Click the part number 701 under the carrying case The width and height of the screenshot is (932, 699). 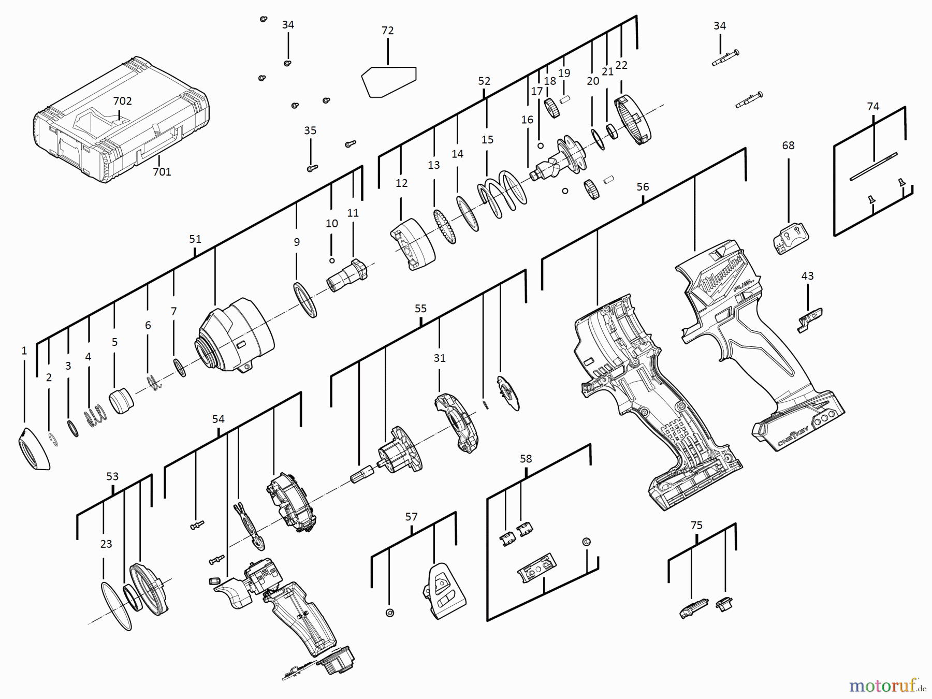pos(162,171)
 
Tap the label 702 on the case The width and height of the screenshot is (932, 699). pos(122,100)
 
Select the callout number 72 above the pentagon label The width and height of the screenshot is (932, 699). pos(387,31)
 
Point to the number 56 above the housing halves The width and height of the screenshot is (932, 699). pos(643,186)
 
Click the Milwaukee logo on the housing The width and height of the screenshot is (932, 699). pos(722,277)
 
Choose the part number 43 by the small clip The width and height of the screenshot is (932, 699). pos(807,276)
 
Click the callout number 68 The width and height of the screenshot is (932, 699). pos(788,145)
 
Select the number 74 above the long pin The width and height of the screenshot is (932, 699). pos(873,106)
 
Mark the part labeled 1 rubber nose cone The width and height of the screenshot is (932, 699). pos(34,449)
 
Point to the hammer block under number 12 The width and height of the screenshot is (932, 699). pos(412,244)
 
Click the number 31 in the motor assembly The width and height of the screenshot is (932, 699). pos(439,358)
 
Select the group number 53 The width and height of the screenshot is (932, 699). pos(112,476)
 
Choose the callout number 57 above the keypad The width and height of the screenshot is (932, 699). pos(411,516)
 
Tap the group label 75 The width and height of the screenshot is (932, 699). pos(696,525)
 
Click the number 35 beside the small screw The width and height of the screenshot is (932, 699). pos(310,130)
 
